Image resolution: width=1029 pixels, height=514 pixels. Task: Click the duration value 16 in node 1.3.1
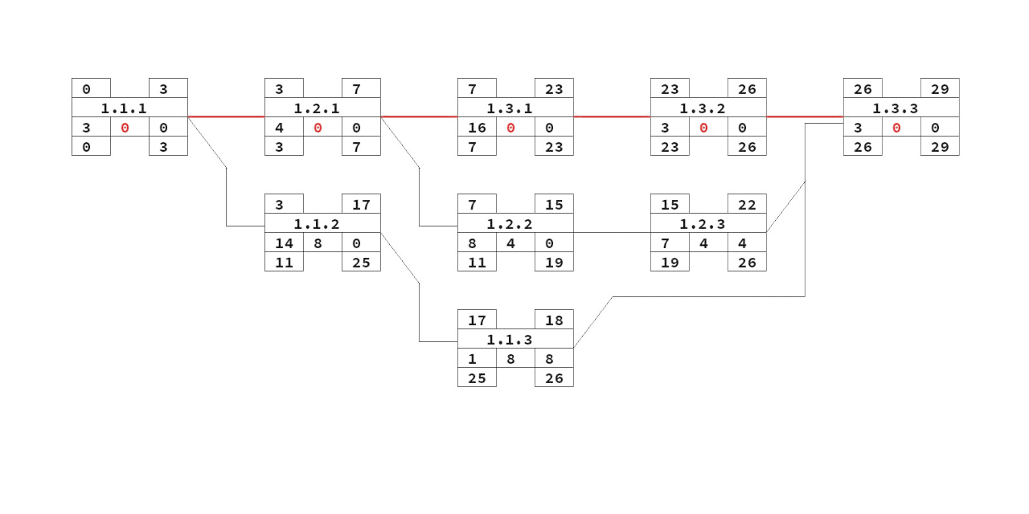pos(477,127)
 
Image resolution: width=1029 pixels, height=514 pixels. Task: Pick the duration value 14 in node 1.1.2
pos(284,243)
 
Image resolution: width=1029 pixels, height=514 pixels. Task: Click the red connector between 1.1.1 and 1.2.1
pos(226,116)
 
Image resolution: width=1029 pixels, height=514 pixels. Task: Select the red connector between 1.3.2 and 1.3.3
pos(805,116)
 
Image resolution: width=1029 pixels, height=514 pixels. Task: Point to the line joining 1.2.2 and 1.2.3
pos(612,232)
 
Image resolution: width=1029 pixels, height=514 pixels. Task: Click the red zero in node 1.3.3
pos(896,127)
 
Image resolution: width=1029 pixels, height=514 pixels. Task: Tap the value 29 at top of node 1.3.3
pos(940,88)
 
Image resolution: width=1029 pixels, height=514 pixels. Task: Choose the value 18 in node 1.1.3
pos(554,320)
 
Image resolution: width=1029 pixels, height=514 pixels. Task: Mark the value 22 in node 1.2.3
pos(747,204)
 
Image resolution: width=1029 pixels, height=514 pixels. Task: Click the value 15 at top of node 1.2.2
pos(554,204)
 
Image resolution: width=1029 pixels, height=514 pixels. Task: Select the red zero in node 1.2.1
pos(318,127)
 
